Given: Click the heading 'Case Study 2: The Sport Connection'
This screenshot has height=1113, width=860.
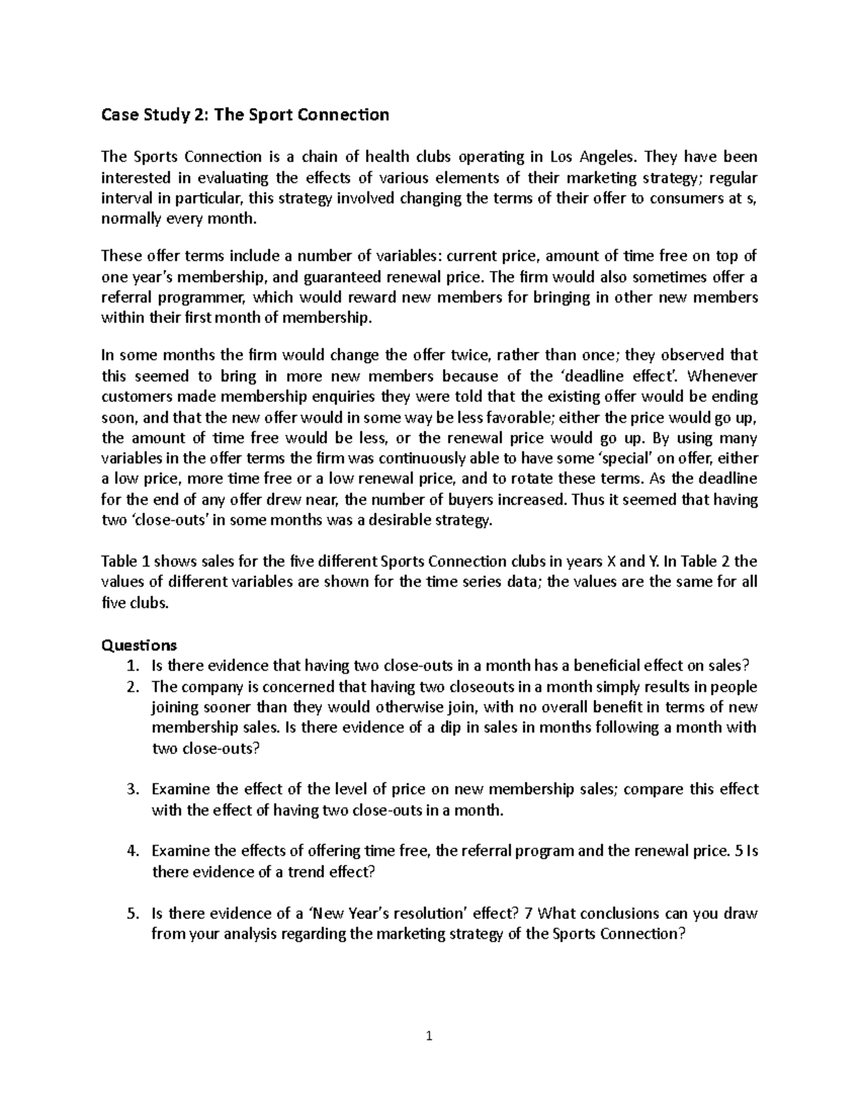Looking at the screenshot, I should click(x=244, y=115).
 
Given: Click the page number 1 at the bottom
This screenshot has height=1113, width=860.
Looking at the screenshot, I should click(x=429, y=1035).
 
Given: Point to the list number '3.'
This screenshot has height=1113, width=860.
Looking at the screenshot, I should click(x=133, y=790).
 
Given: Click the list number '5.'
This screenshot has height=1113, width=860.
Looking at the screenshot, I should click(x=133, y=914).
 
